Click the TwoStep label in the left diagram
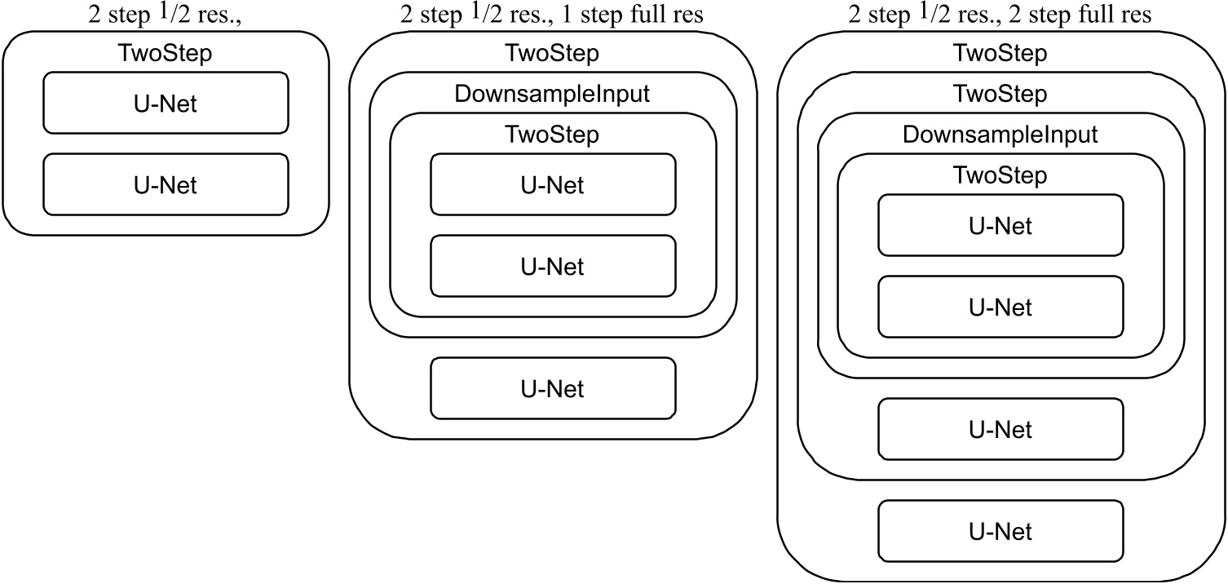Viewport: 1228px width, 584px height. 166,55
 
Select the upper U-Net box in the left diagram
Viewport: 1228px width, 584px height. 166,103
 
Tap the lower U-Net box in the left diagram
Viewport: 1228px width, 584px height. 166,185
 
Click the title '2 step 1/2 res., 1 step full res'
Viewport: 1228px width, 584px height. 552,15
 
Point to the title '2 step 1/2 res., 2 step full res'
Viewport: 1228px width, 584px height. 1001,15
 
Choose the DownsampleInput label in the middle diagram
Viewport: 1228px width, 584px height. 552,95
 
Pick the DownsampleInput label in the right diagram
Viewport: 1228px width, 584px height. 1001,134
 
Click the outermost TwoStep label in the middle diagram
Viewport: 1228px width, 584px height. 552,55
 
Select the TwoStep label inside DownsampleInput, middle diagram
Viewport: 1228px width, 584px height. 552,135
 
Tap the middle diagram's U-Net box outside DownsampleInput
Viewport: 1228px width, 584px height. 553,388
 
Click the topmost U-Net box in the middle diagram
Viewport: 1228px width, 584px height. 553,184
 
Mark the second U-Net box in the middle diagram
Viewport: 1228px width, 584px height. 553,266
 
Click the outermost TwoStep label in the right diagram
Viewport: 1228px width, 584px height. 1001,55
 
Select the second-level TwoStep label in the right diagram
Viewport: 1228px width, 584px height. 1001,95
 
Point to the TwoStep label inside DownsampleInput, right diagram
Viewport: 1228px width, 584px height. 1001,175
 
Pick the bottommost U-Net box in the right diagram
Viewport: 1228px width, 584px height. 1001,531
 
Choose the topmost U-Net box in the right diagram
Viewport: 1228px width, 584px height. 1001,225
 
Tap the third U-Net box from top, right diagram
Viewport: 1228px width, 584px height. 1001,429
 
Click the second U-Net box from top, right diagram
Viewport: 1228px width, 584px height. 1001,307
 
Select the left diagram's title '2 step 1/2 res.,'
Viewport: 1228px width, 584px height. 166,15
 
